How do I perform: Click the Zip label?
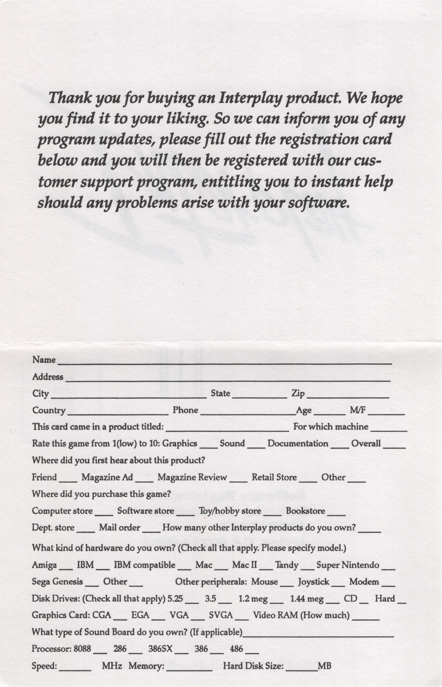pos(298,393)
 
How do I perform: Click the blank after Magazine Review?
pos(238,480)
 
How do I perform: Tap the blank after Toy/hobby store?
pos(272,514)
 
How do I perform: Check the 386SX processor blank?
pos(181,652)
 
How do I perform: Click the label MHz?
pos(112,665)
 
